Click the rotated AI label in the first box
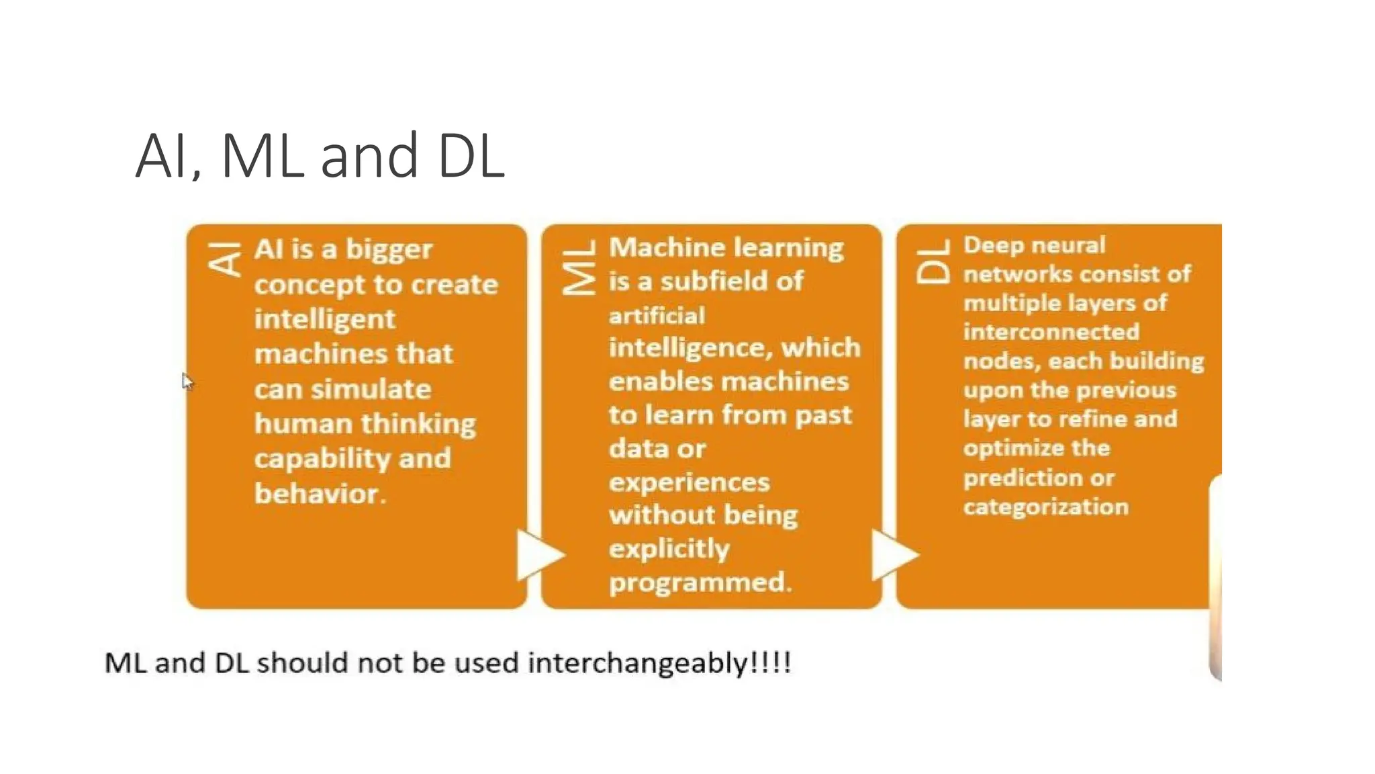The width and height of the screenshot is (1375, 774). pyautogui.click(x=224, y=260)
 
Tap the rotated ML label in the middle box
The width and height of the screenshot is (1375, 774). pyautogui.click(x=579, y=267)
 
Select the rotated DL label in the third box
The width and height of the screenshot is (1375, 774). pyautogui.click(x=933, y=262)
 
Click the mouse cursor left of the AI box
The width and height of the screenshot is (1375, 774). pyautogui.click(x=187, y=381)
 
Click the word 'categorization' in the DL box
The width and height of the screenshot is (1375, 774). pyautogui.click(x=1045, y=507)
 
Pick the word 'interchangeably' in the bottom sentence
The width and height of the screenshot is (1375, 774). pyautogui.click(x=637, y=663)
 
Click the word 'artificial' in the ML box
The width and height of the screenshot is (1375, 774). pyautogui.click(x=657, y=316)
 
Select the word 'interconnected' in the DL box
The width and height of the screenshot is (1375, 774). pyautogui.click(x=1051, y=332)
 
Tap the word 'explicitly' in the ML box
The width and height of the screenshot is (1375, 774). pyautogui.click(x=669, y=549)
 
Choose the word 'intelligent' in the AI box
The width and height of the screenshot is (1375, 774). pyautogui.click(x=325, y=319)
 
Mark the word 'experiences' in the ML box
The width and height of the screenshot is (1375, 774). pyautogui.click(x=689, y=482)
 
